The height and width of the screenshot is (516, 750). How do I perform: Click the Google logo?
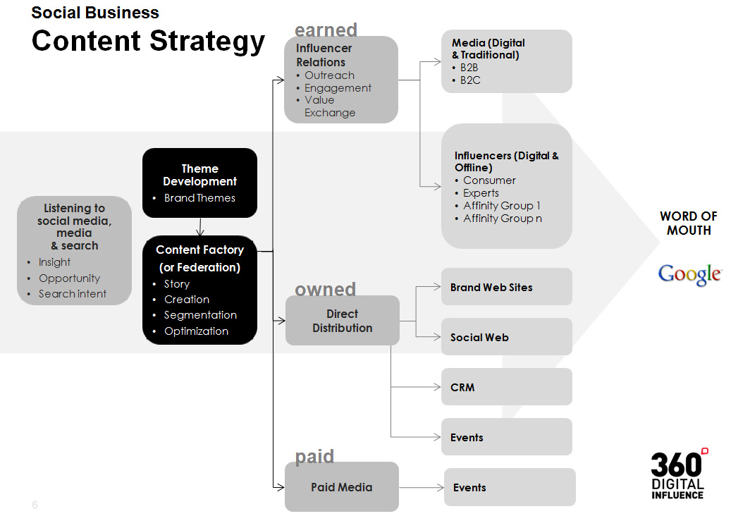[689, 274]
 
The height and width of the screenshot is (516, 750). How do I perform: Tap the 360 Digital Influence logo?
[678, 474]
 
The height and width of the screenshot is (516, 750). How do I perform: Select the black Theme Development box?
[199, 183]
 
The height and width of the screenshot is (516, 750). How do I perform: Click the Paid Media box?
[342, 487]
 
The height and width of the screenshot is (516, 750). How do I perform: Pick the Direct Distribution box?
[343, 321]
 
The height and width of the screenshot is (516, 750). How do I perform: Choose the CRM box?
[506, 387]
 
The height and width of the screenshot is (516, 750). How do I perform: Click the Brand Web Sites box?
[506, 287]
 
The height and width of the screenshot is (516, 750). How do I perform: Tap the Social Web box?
[506, 337]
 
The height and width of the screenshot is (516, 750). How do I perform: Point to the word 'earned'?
[326, 30]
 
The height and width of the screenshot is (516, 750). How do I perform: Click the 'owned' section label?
[325, 289]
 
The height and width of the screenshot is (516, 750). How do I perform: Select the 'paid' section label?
[314, 456]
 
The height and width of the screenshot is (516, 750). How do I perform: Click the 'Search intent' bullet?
[73, 294]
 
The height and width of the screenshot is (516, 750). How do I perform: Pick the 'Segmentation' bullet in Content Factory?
[200, 315]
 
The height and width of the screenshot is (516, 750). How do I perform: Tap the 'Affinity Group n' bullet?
[503, 219]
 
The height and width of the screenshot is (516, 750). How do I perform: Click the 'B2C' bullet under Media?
[470, 80]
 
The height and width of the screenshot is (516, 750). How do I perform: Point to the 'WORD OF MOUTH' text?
[689, 223]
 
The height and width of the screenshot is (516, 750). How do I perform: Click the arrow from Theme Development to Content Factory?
[200, 227]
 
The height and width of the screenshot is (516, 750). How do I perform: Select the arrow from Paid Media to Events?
[421, 488]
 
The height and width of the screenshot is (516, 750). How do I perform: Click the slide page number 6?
[35, 505]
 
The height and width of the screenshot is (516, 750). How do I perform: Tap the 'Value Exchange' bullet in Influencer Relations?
[329, 106]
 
